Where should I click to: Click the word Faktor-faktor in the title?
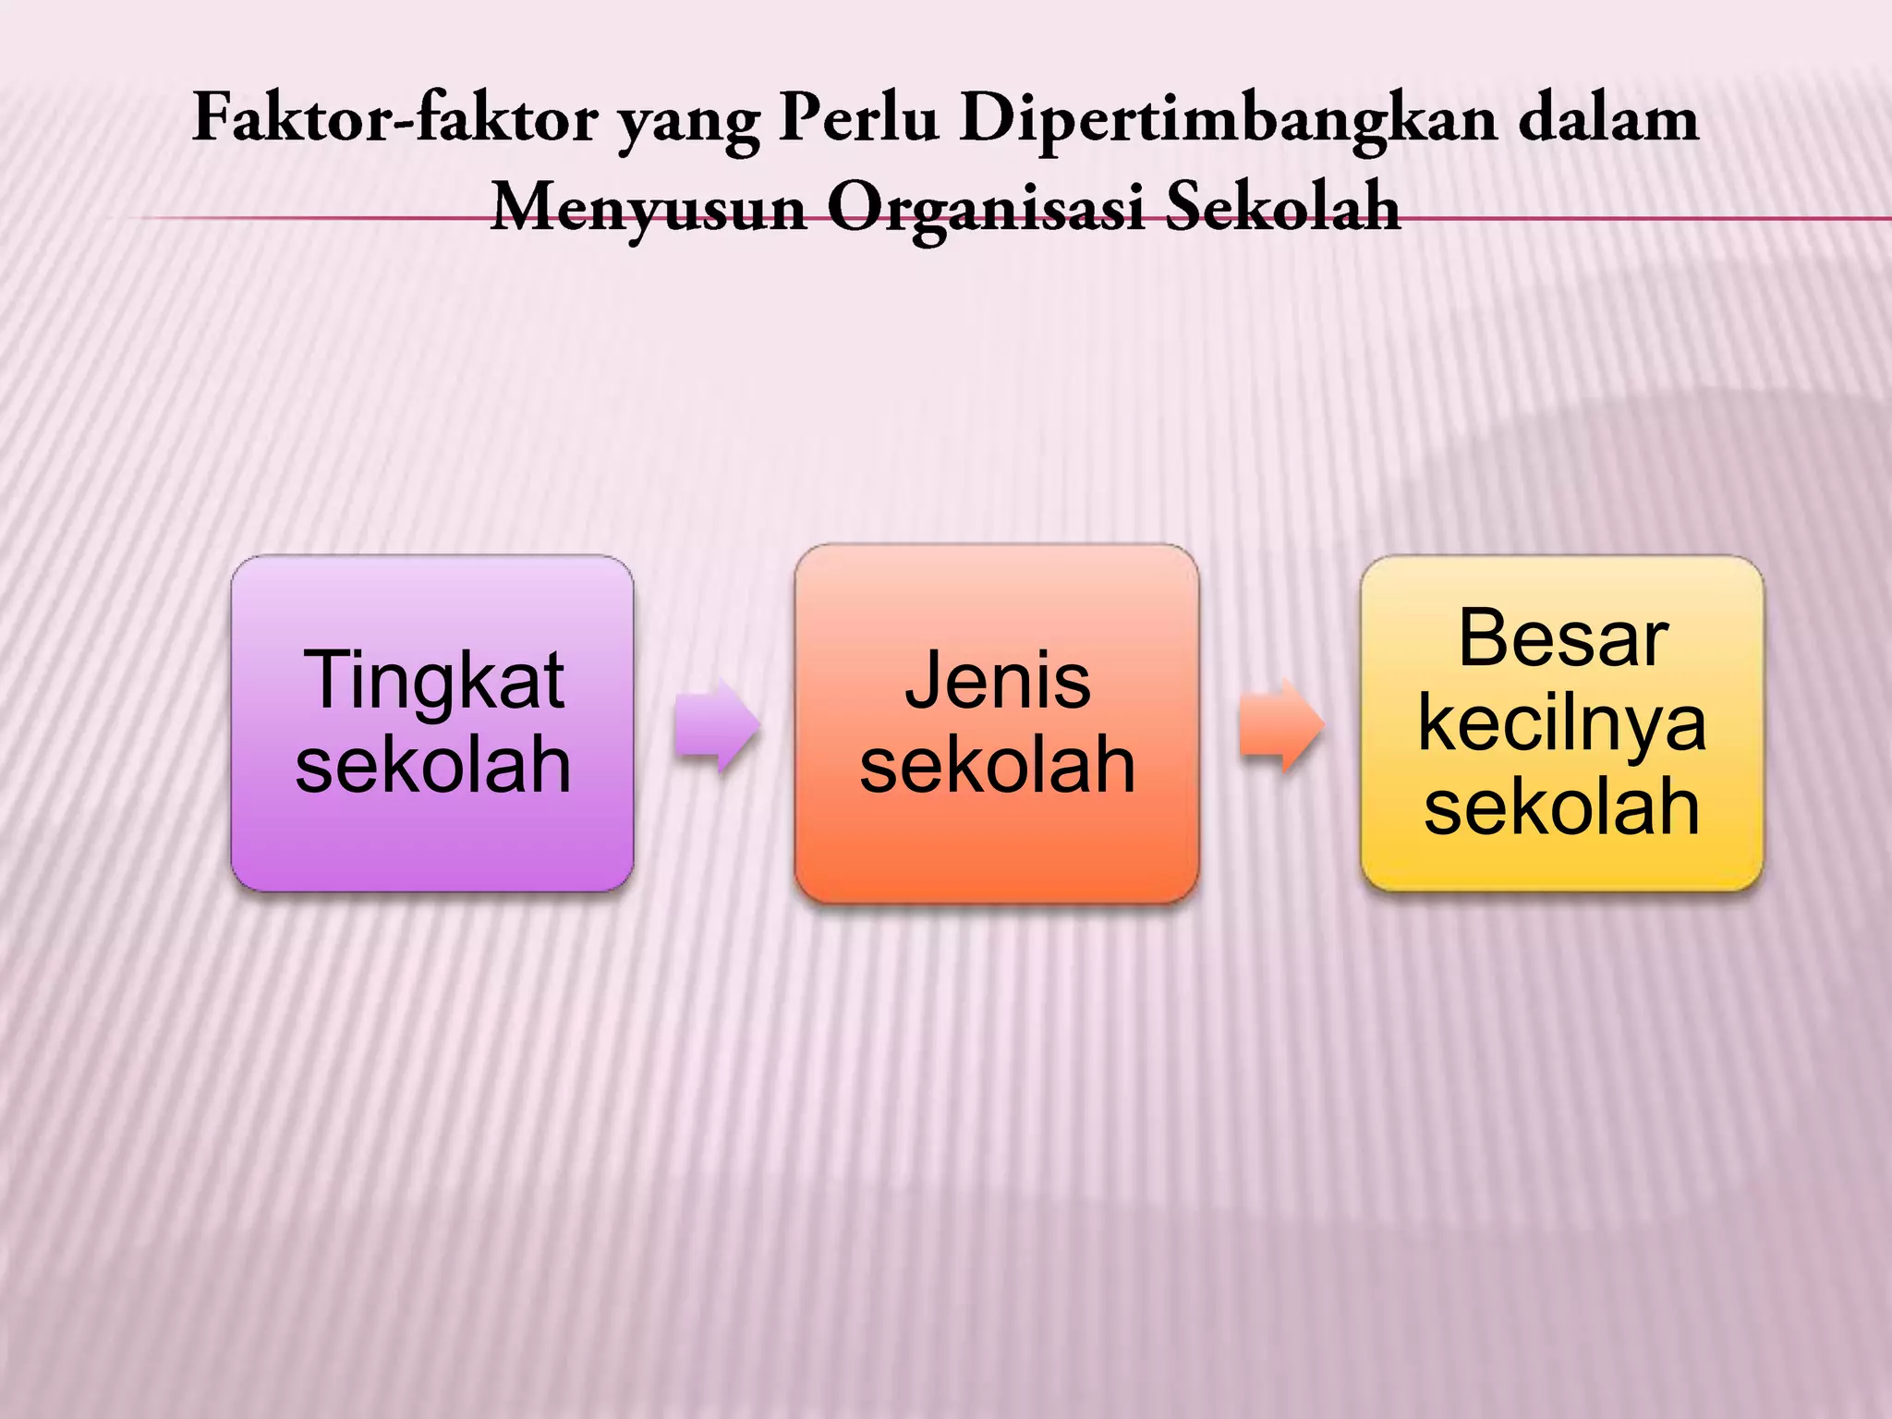tap(394, 119)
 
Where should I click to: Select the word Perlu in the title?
tap(858, 119)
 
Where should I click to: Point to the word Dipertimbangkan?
tap(1228, 121)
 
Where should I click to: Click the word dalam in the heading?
tap(1608, 119)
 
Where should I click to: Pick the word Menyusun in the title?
tap(649, 209)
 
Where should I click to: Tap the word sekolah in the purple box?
tap(433, 766)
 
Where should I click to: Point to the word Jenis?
tap(998, 682)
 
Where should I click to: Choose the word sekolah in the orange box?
tap(998, 766)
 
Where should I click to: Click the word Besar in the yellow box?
tap(1563, 639)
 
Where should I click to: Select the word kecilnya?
tap(1562, 724)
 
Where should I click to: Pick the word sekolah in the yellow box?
tap(1562, 807)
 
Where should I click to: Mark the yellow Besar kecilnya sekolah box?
tap(1562, 864)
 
